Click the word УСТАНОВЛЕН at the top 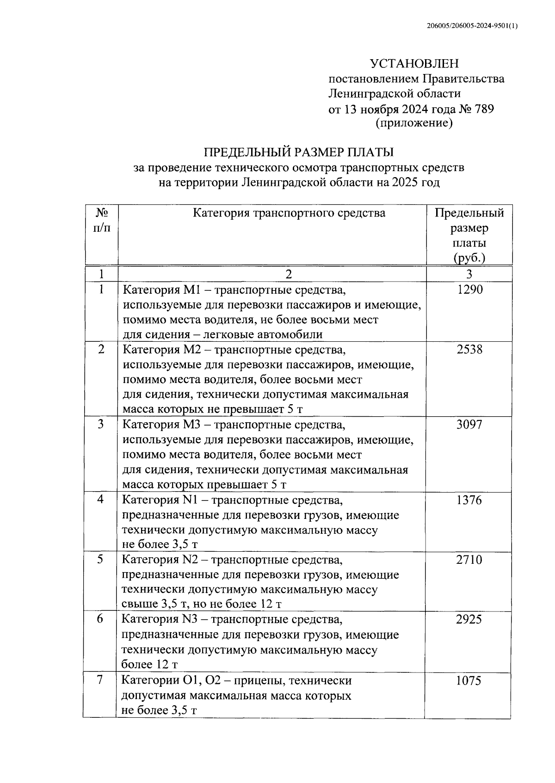[414, 63]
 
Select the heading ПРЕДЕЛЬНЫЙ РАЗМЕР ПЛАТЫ [299, 152]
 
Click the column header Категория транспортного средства [289, 213]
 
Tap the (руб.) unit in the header [469, 258]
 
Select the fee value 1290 [469, 290]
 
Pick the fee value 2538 [469, 350]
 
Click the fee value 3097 [469, 424]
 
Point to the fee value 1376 [469, 500]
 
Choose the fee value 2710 [469, 560]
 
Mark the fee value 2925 [469, 620]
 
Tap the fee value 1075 [469, 681]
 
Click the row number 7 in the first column [100, 680]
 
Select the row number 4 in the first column [100, 499]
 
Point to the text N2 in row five [190, 560]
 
